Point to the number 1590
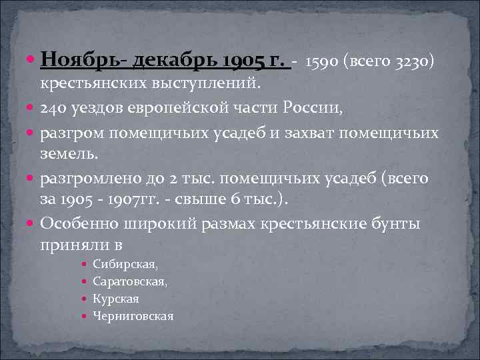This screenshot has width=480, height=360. click(x=325, y=63)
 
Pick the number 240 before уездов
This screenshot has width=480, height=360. click(x=53, y=109)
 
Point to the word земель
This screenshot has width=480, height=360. click(x=69, y=155)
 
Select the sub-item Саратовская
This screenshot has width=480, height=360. click(x=131, y=282)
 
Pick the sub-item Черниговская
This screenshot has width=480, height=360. click(x=133, y=316)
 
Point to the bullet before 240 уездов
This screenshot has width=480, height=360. click(x=33, y=109)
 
